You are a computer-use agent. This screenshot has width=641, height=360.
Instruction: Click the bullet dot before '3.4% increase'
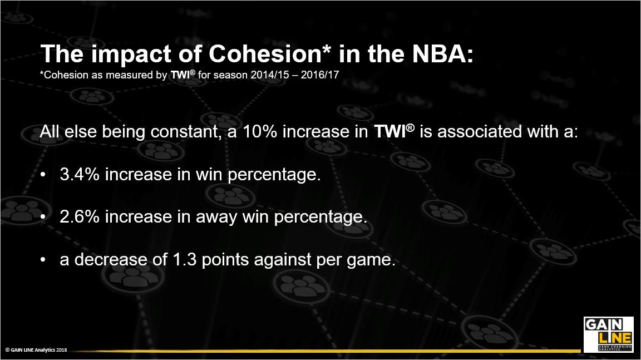pos(43,175)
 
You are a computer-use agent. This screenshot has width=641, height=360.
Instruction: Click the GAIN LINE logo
pos(608,334)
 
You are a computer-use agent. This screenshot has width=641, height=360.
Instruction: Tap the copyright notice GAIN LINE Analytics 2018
pos(36,349)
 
